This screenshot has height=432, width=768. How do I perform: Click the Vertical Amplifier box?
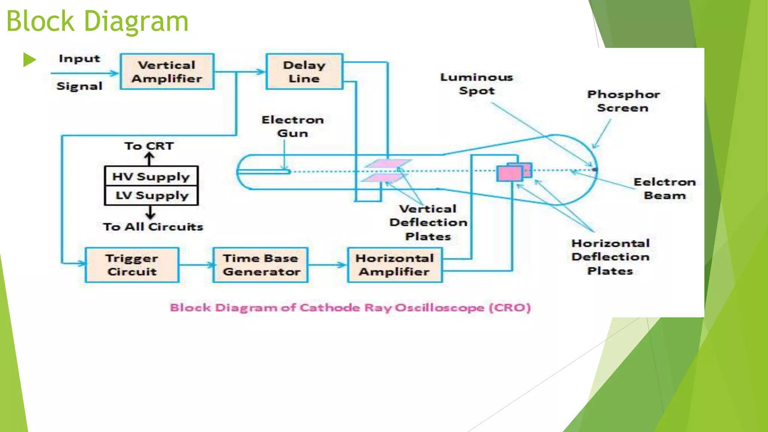click(x=167, y=72)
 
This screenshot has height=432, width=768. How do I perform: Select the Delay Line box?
click(x=304, y=72)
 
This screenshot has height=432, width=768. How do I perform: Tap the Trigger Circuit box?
click(x=132, y=265)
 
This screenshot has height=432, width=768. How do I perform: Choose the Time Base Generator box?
click(x=261, y=265)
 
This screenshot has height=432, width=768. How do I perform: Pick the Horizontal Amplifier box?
click(x=395, y=265)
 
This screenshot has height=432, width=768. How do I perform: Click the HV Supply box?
click(x=151, y=176)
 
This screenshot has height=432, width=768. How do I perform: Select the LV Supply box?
click(x=151, y=195)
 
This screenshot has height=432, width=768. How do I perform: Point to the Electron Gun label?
click(x=292, y=126)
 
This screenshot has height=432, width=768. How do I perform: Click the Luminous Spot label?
click(x=477, y=84)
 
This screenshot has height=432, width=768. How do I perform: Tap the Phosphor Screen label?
click(x=623, y=101)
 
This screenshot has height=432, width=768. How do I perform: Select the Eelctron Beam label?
click(x=664, y=189)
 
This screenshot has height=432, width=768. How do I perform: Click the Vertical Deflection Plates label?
click(x=428, y=222)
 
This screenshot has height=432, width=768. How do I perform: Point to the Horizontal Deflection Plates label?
click(x=610, y=257)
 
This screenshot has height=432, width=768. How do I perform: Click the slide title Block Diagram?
click(x=97, y=21)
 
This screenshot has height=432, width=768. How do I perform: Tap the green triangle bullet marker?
click(x=29, y=60)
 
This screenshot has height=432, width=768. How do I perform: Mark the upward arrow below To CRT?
click(x=150, y=159)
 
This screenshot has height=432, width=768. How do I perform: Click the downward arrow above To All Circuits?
click(x=150, y=212)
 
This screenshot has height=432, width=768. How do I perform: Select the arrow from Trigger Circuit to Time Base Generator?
click(x=196, y=265)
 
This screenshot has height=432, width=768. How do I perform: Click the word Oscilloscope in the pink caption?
click(x=439, y=308)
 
